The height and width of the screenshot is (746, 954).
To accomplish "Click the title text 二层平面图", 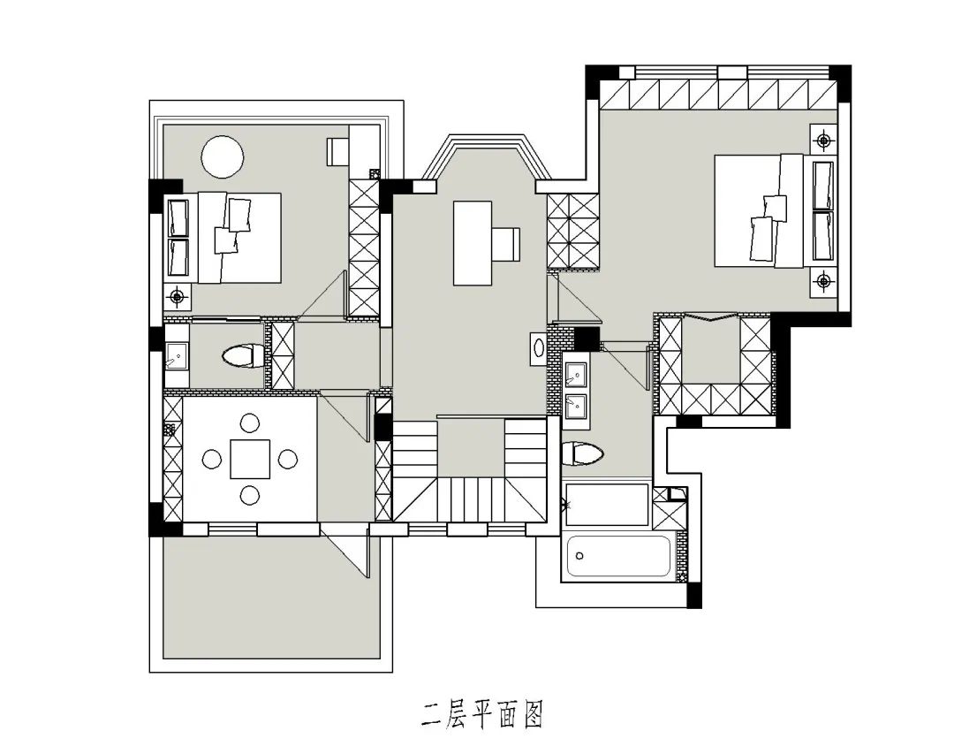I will (x=481, y=712).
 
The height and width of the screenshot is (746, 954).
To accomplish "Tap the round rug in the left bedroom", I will (x=222, y=156).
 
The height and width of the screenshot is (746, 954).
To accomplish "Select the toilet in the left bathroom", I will (x=241, y=356).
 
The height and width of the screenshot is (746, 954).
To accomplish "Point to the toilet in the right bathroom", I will (x=582, y=454).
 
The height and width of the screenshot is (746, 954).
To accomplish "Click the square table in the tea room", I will (x=250, y=459).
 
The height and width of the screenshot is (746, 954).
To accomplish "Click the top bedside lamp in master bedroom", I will (x=823, y=140).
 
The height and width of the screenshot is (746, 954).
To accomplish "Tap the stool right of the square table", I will (x=288, y=459).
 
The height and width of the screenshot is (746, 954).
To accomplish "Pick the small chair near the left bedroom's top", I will (x=337, y=151).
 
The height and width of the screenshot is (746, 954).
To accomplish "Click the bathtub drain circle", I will (x=579, y=556).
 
